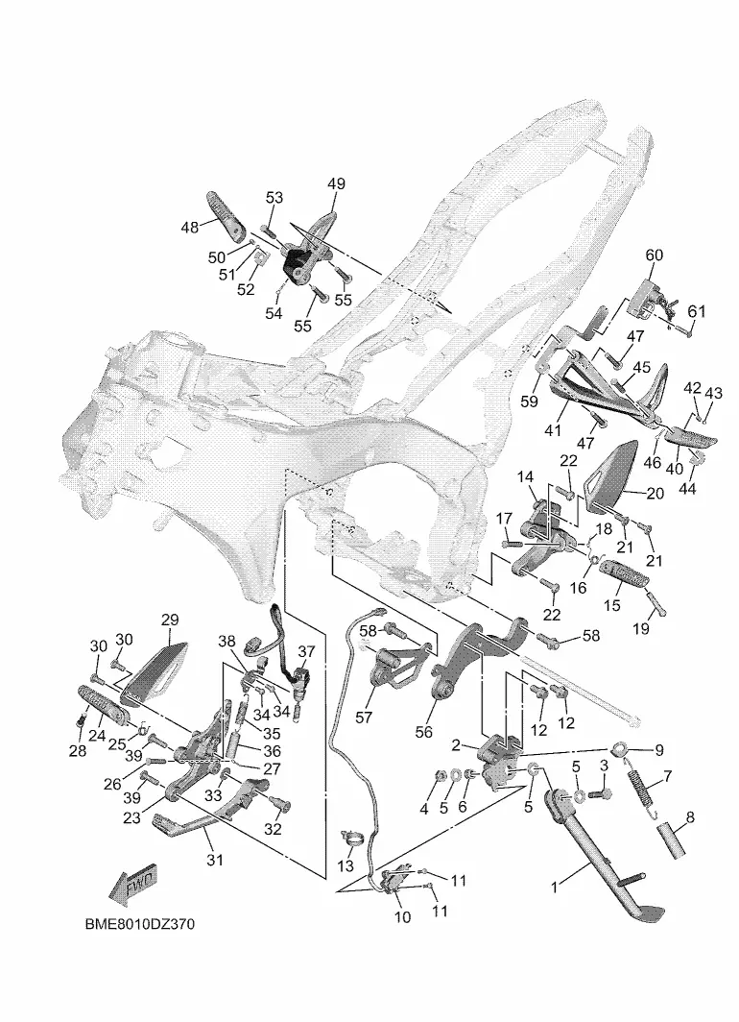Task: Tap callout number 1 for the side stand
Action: (x=554, y=888)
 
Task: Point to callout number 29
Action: (x=170, y=620)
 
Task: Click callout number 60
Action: (x=654, y=255)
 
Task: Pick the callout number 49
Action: (x=336, y=183)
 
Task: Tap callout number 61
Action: (x=696, y=311)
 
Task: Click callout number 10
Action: (x=403, y=917)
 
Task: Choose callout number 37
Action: (x=306, y=652)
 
